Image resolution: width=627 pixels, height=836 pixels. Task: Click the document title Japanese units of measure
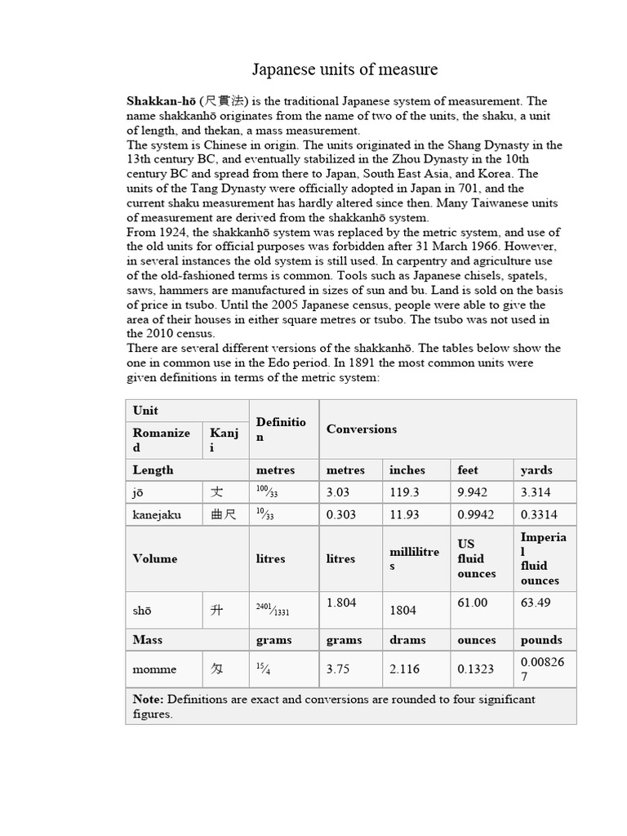(x=344, y=69)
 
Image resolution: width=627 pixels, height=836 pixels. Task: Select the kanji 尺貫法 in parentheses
(x=221, y=101)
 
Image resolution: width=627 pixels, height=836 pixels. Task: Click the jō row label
(x=140, y=492)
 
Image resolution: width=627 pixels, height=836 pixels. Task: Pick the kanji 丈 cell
(x=216, y=492)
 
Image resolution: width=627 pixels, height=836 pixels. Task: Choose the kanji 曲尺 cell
(x=222, y=515)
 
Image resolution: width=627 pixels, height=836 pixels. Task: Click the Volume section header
(x=155, y=558)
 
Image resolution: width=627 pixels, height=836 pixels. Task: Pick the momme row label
(x=154, y=669)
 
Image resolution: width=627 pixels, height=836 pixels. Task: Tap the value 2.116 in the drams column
(x=404, y=669)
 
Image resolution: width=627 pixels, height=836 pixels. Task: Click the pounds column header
(x=541, y=640)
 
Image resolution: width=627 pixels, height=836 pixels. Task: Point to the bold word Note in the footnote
(x=147, y=699)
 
